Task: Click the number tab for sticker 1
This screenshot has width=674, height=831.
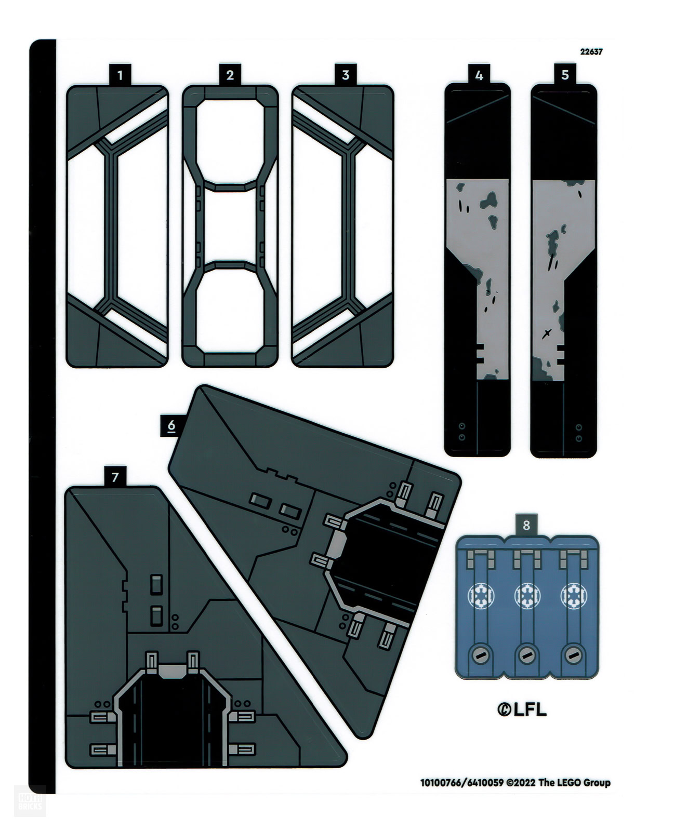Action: coord(120,75)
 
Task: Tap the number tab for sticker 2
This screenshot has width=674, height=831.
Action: coord(230,75)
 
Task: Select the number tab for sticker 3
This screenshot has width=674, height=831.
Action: coord(346,75)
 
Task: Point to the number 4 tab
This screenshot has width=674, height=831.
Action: coord(479,75)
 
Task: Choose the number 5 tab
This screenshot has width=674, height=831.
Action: coord(565,74)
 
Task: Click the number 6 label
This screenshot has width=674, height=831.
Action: coord(171,426)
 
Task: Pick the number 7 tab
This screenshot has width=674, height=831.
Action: coord(115,477)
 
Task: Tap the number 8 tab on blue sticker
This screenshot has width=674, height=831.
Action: coord(526,525)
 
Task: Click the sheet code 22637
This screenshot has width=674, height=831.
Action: coord(591,52)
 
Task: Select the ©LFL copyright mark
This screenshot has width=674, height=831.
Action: coord(522,709)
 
